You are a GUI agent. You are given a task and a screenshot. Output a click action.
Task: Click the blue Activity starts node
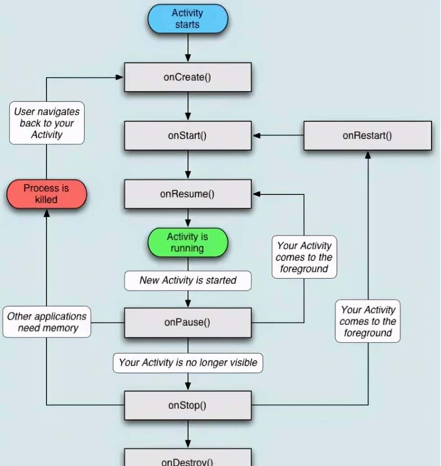188,19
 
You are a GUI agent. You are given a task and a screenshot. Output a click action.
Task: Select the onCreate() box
188,77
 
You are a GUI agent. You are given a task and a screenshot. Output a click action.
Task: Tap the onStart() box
188,135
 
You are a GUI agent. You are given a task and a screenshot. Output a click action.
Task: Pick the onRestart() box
367,135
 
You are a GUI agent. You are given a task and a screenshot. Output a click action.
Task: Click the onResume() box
188,194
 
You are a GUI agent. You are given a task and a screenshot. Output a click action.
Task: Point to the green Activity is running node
188,243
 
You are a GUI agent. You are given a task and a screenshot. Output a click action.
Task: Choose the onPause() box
188,323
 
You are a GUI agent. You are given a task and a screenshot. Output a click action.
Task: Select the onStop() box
188,405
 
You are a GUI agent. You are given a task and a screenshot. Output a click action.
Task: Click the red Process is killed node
46,194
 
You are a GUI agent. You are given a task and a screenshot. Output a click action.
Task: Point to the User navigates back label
46,123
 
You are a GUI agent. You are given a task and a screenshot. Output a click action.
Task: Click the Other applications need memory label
46,322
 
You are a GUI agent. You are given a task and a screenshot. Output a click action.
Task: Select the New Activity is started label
188,280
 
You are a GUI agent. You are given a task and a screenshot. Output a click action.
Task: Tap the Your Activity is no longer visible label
188,362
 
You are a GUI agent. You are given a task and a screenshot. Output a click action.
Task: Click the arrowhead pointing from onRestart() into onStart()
257,135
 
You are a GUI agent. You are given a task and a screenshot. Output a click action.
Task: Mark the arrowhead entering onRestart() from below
367,155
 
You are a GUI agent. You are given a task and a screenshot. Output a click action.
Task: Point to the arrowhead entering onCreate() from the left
119,77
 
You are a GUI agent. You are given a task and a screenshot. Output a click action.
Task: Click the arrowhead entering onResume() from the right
257,194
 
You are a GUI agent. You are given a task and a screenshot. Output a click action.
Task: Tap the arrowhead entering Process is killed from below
46,213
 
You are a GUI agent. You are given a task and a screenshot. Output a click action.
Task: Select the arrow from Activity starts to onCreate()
188,48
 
